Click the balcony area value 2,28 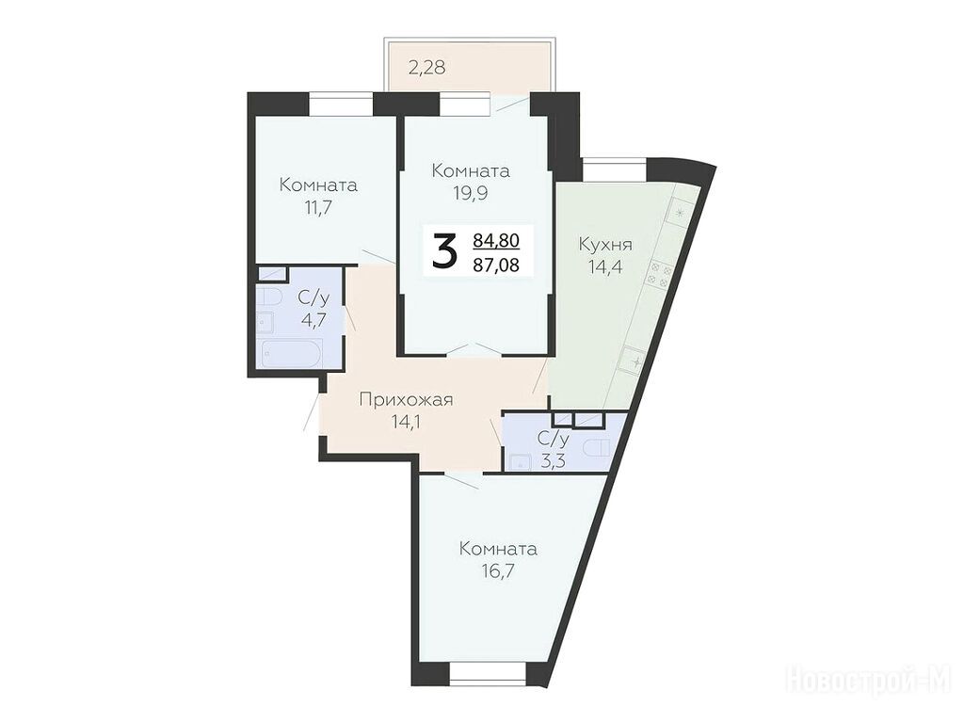pos(426,67)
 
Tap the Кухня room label pos(605,245)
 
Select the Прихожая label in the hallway pos(406,400)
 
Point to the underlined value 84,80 pos(496,240)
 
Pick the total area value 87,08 pos(496,265)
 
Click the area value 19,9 pos(471,193)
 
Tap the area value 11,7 pos(318,207)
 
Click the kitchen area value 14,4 pos(605,268)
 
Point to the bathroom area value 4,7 pos(313,320)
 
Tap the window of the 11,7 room pos(341,103)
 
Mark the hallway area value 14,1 pos(406,422)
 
